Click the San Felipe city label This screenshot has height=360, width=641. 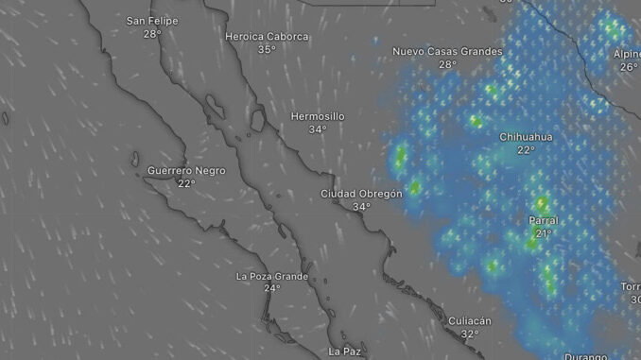(x=152, y=20)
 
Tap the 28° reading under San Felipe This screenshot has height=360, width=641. (x=152, y=33)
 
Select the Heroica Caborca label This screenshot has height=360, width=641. (x=268, y=36)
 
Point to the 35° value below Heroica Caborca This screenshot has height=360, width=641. (x=268, y=49)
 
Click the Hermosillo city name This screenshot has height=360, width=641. (x=318, y=116)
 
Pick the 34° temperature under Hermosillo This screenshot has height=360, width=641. (x=318, y=129)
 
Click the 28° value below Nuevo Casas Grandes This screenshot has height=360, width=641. (x=447, y=64)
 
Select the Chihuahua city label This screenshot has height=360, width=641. (x=526, y=137)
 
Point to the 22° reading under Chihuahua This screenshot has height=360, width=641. (x=526, y=150)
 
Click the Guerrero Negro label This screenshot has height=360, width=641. (x=186, y=170)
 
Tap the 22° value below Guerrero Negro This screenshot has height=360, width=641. (x=186, y=183)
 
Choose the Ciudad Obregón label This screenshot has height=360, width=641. (x=361, y=194)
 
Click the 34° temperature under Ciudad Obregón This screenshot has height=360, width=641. (x=361, y=207)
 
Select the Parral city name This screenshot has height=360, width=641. (x=544, y=220)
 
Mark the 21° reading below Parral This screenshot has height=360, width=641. (x=544, y=233)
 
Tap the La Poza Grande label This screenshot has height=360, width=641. (x=271, y=276)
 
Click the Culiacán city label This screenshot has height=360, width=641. (x=470, y=321)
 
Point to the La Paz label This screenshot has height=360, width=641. (x=344, y=351)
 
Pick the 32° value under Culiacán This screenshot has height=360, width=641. (x=470, y=334)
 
